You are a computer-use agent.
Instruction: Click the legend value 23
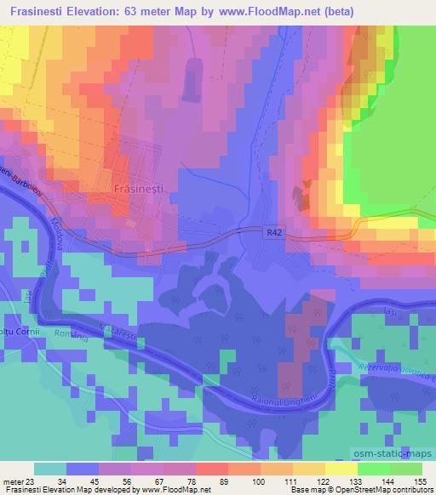pos(32,482)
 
